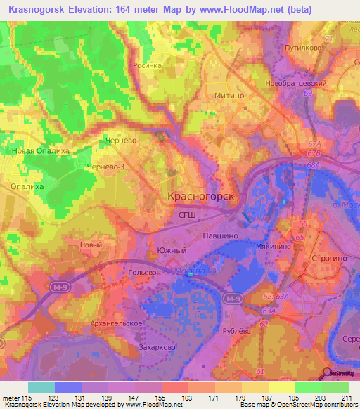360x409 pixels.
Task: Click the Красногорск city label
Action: (x=201, y=197)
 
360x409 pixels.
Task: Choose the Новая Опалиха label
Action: (x=35, y=150)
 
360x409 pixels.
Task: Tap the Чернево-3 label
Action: (x=105, y=167)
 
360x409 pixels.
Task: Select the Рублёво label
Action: (x=236, y=330)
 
